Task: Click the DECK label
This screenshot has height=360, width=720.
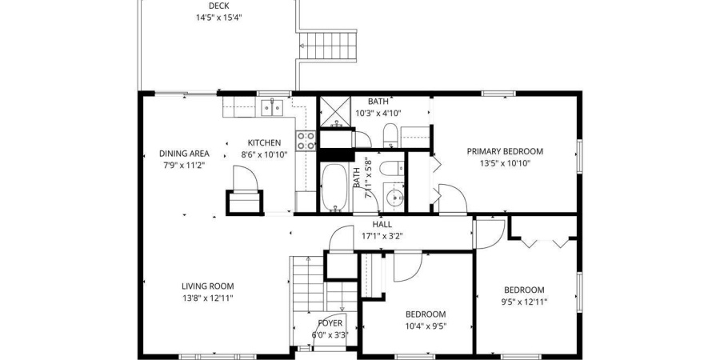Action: click(219, 6)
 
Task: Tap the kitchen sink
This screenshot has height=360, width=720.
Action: click(272, 107)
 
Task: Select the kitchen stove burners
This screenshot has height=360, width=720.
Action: click(306, 141)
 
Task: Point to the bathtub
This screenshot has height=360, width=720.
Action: click(334, 187)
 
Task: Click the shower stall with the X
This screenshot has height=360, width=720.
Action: click(335, 110)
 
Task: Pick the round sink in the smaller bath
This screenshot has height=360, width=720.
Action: click(394, 198)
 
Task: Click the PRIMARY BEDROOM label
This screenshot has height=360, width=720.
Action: click(505, 151)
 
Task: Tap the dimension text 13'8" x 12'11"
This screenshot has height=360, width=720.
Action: click(207, 298)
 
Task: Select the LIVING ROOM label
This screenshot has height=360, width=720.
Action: click(207, 286)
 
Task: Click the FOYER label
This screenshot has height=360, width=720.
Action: click(330, 323)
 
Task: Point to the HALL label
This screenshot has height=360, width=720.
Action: click(382, 225)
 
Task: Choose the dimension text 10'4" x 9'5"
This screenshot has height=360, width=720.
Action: click(426, 326)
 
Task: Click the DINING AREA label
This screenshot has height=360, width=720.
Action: click(184, 154)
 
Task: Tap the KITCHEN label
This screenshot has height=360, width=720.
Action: click(264, 143)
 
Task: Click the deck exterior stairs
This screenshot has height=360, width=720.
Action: click(328, 46)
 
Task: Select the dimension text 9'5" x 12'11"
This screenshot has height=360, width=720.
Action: click(524, 302)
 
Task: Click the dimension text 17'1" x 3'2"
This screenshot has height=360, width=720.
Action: click(382, 237)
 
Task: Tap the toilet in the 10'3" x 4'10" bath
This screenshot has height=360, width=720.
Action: click(390, 135)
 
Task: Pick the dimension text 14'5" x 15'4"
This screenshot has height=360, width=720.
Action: click(219, 18)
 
